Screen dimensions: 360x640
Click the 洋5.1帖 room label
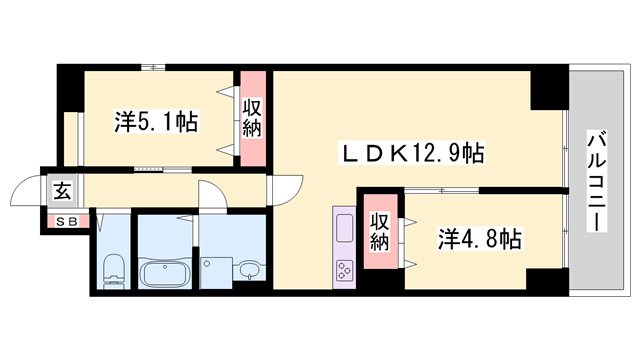coord(156,122)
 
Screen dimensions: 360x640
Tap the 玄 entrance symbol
coord(62,191)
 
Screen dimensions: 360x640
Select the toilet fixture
coord(112,268)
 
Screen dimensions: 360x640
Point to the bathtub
coord(167,271)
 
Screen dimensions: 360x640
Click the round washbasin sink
coord(249,269)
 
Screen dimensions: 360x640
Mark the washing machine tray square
coord(215,269)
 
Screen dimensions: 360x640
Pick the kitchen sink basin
coord(344,227)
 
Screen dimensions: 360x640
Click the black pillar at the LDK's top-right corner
coord(547,89)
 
